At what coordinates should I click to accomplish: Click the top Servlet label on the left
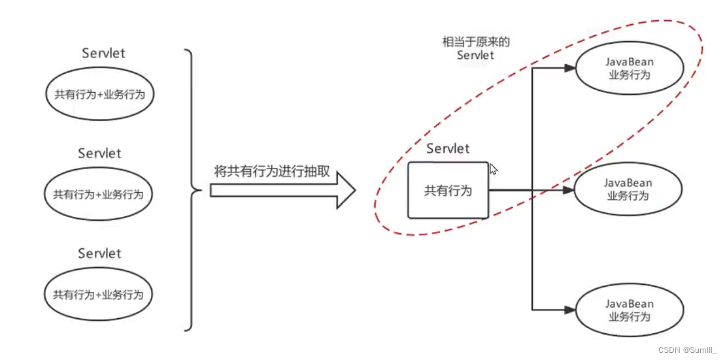[x=103, y=54]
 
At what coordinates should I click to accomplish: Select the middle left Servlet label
[x=99, y=154]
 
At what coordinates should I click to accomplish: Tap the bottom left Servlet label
[x=99, y=254]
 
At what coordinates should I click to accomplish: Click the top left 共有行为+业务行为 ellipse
[x=99, y=94]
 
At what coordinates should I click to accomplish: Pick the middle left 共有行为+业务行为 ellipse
[x=98, y=194]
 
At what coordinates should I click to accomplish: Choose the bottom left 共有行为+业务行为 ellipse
[x=98, y=294]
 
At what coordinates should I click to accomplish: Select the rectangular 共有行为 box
[x=448, y=190]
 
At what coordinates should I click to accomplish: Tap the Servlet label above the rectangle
[x=448, y=149]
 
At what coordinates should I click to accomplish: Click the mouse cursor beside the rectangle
[x=494, y=169]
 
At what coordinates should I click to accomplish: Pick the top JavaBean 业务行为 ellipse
[x=629, y=68]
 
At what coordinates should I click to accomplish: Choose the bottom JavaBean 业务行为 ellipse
[x=628, y=310]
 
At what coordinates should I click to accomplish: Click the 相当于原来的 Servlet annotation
[x=476, y=48]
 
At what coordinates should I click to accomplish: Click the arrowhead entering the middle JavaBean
[x=569, y=190]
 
